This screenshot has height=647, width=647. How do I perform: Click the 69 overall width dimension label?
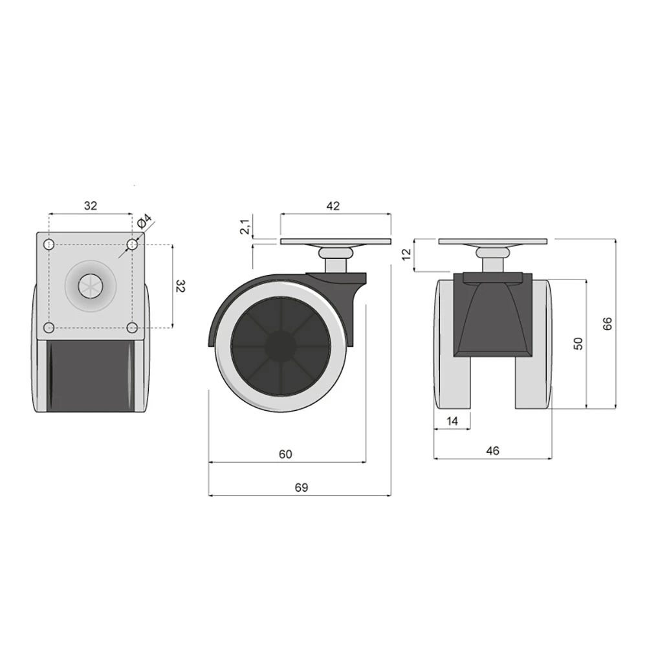[302, 487]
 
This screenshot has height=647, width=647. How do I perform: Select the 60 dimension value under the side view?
[285, 454]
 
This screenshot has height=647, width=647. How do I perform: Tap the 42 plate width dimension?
[333, 206]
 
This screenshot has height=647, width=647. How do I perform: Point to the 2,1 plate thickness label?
[245, 227]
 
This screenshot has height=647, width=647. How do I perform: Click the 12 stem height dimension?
[407, 254]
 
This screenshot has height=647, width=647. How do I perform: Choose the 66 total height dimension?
[607, 323]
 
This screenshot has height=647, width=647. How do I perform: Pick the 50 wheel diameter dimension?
[578, 344]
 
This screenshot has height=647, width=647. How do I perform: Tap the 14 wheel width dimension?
[452, 421]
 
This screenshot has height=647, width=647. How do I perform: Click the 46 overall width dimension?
[492, 450]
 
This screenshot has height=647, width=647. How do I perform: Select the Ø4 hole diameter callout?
[144, 221]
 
